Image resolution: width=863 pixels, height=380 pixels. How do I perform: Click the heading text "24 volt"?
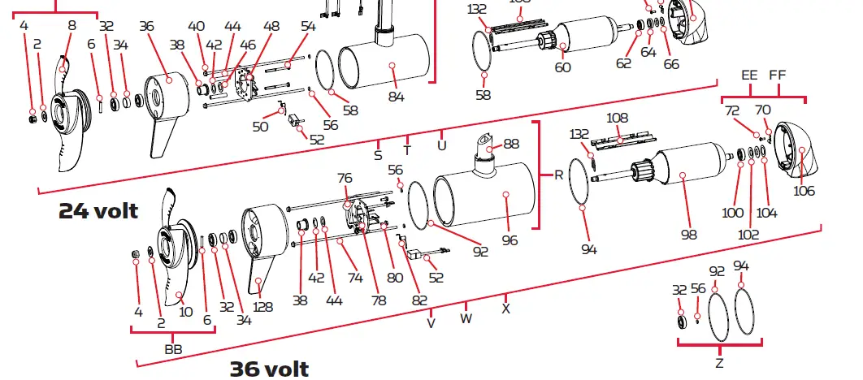[x=98, y=212]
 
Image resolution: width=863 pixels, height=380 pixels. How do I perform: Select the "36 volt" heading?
[x=269, y=369]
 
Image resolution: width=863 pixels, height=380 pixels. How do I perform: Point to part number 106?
[x=804, y=192]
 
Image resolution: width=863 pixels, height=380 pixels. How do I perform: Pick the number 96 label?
[x=510, y=240]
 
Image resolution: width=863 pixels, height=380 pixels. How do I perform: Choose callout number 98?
[x=689, y=235]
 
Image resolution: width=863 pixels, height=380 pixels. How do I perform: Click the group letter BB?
[x=173, y=348]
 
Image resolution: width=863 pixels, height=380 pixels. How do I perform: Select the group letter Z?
[x=719, y=361]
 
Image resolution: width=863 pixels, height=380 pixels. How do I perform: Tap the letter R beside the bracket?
[x=558, y=175]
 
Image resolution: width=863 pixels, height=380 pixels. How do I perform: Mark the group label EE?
[x=749, y=75]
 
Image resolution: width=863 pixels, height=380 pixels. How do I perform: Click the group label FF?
[x=778, y=75]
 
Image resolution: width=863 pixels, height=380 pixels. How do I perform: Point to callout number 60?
[x=562, y=67]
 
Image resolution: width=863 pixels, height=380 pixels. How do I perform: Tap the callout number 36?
[x=146, y=26]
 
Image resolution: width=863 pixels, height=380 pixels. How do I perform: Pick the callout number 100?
[x=733, y=213]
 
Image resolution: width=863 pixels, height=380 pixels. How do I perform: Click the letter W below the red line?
[x=466, y=318]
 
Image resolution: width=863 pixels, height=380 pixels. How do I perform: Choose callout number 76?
[x=345, y=178]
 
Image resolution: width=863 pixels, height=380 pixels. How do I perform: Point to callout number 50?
[x=260, y=127]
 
